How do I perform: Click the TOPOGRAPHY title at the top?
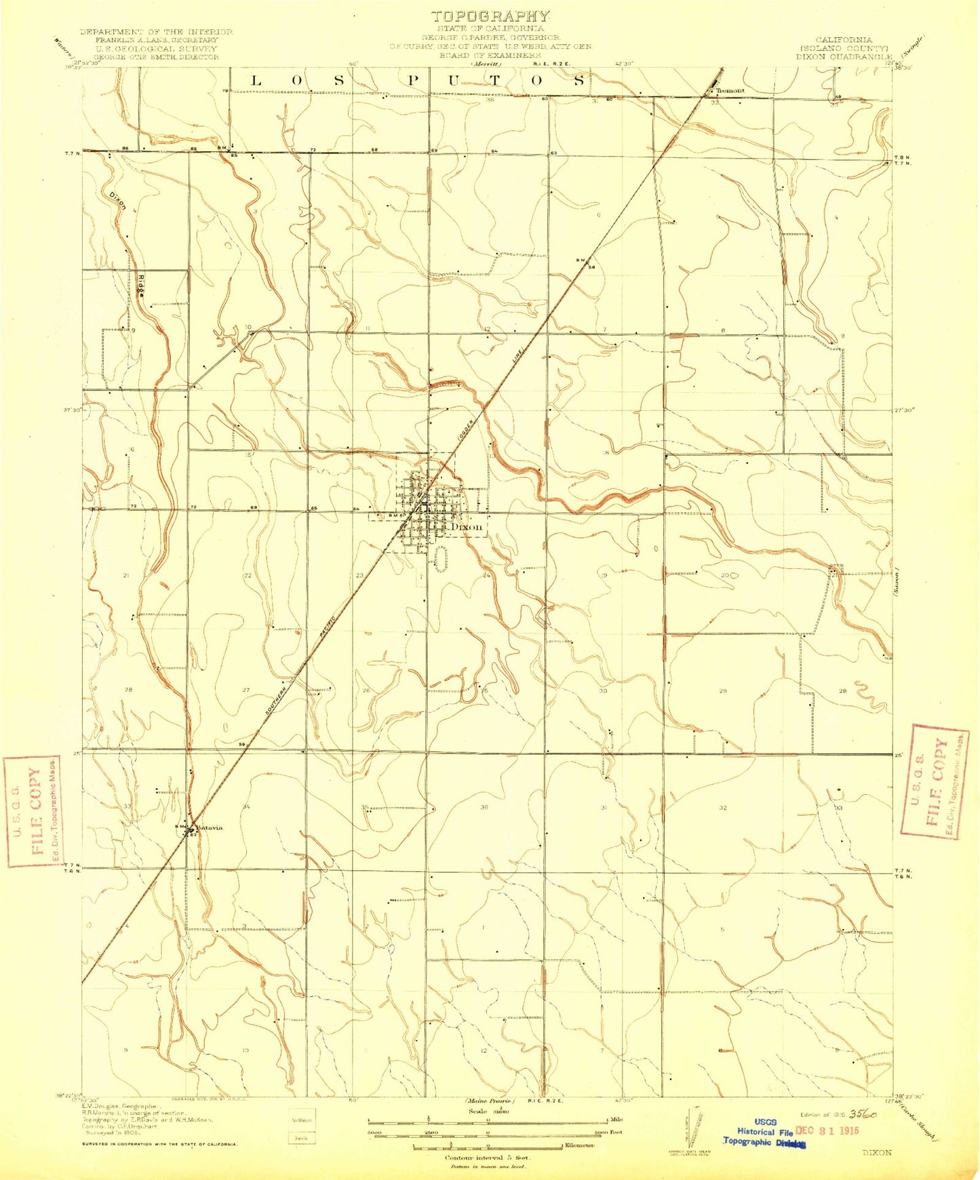pos(490,16)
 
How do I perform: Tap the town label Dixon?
pos(466,526)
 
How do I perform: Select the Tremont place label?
pos(730,90)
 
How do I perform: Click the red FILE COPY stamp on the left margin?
pos(31,811)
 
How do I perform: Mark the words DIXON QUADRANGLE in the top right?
pos(844,58)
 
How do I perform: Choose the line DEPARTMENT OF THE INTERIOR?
pos(156,32)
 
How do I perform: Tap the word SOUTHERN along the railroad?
pos(279,699)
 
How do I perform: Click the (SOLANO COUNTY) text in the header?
pos(844,49)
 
